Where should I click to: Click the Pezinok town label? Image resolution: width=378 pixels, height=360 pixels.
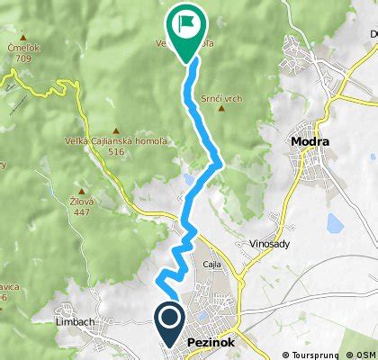point(213,343)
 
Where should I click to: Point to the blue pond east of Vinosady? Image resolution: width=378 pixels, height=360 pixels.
point(335,223)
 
